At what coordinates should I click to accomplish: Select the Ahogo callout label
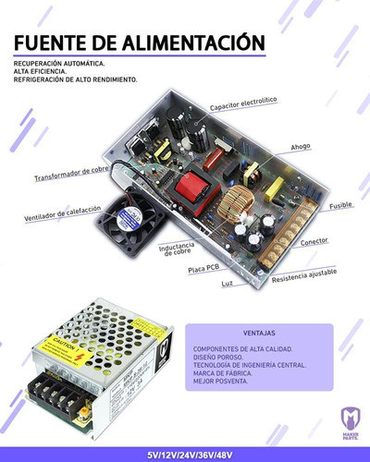point(300,147)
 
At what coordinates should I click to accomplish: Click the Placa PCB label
point(203,268)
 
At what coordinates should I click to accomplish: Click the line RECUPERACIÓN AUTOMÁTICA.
point(58,64)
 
